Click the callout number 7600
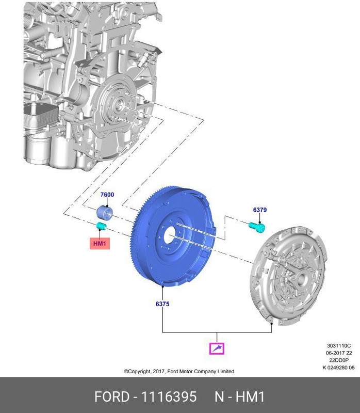coord(107,195)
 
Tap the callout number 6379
coord(259,210)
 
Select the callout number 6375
coord(162,304)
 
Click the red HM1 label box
coord(100,243)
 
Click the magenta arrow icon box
coord(217,348)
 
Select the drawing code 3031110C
coord(338,346)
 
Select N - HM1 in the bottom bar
coord(239,397)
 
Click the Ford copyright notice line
coord(179,371)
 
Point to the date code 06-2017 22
coord(338,353)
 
